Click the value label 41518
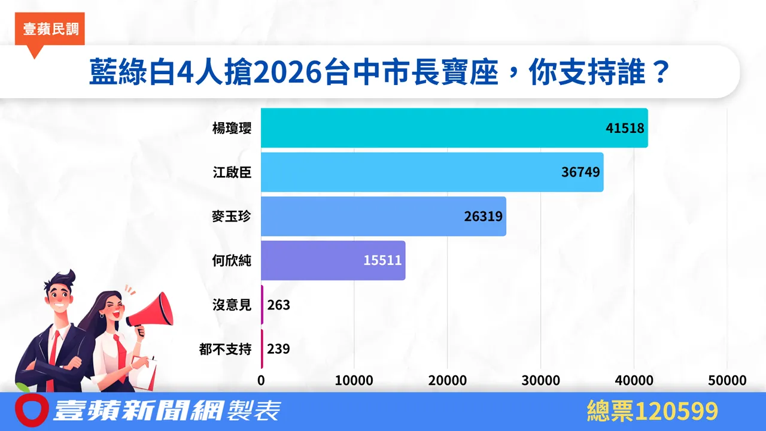(624, 128)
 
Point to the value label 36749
(580, 172)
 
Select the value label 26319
(483, 216)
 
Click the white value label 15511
(382, 260)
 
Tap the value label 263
(279, 305)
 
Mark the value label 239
(279, 349)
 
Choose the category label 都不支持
(226, 349)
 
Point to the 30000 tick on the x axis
(541, 381)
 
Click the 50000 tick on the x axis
(727, 381)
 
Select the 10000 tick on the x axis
(354, 381)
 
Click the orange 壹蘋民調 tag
(51, 29)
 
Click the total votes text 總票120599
(652, 412)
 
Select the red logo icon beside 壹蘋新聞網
(31, 410)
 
